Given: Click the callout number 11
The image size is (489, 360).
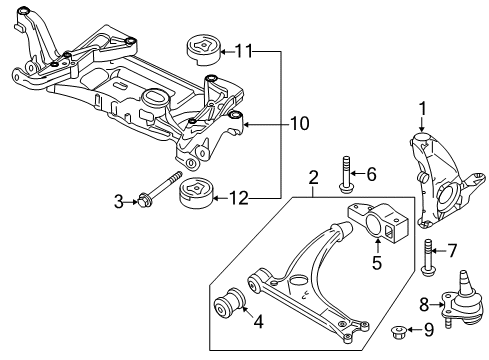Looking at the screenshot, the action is tap(244, 51).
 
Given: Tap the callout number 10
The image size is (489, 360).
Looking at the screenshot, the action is tap(300, 124).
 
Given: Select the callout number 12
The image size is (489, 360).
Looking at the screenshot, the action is tap(238, 198).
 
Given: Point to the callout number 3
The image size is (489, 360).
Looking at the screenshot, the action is tap(119, 202).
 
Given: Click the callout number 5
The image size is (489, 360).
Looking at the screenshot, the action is tap(377, 263).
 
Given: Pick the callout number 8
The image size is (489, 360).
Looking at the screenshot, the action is tap(424, 304).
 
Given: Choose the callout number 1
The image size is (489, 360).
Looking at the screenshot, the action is tap(422, 109).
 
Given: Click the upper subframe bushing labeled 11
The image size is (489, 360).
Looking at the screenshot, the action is tap(203, 49).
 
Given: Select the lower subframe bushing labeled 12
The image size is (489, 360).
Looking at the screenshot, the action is tap(196, 193).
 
